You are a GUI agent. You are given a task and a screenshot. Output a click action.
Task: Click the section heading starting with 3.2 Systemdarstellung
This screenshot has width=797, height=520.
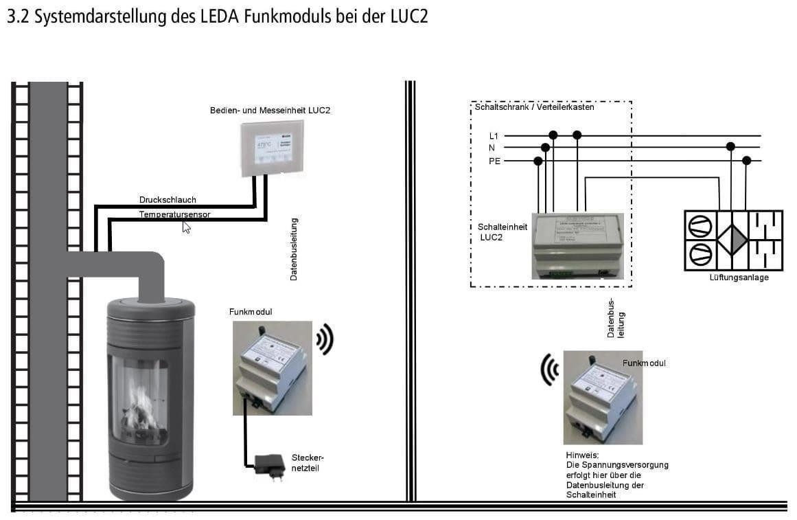(217, 17)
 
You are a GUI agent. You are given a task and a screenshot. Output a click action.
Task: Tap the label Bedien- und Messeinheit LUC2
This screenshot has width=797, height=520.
(270, 110)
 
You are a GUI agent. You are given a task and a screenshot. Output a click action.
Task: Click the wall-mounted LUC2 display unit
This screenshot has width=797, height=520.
(272, 148)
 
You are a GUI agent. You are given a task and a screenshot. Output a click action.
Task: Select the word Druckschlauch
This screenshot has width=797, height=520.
(168, 200)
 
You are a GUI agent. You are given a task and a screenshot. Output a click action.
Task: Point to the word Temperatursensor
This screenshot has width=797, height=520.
(174, 214)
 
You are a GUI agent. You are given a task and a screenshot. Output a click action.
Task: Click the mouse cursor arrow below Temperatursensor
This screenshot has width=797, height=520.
(186, 227)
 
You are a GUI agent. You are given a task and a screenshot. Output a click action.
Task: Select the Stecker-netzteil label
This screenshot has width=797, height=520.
(307, 462)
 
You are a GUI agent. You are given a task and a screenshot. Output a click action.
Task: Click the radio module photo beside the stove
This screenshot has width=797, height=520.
(272, 368)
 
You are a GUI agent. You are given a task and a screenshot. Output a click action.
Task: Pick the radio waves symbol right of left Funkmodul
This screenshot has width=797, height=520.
(325, 339)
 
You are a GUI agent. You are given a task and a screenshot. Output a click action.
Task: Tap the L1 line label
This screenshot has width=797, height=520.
(494, 136)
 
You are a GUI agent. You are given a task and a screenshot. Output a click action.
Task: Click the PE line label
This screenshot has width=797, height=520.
(494, 161)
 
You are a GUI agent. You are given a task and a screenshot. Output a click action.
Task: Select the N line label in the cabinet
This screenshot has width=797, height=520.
(492, 148)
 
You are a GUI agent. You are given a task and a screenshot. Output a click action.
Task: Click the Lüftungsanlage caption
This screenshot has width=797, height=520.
(739, 278)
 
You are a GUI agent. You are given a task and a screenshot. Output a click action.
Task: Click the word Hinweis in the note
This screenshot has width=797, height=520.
(582, 455)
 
